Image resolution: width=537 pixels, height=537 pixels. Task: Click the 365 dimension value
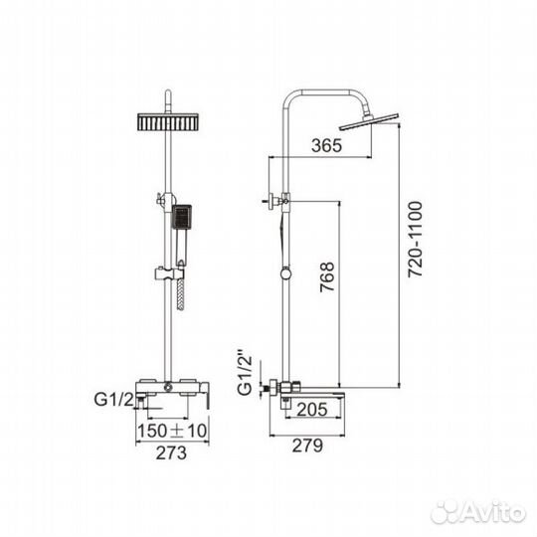coord(325,146)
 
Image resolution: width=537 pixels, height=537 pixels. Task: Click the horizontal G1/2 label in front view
coord(114,402)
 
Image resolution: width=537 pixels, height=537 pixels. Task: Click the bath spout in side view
coord(318,399)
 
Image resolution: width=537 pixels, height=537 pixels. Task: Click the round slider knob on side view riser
coord(286,274)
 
